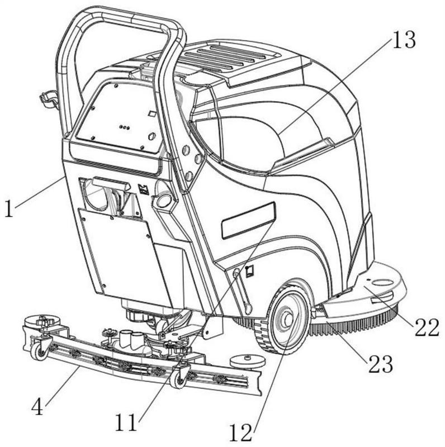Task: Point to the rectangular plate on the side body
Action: click(x=248, y=221)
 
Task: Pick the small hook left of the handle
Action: click(x=48, y=100)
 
